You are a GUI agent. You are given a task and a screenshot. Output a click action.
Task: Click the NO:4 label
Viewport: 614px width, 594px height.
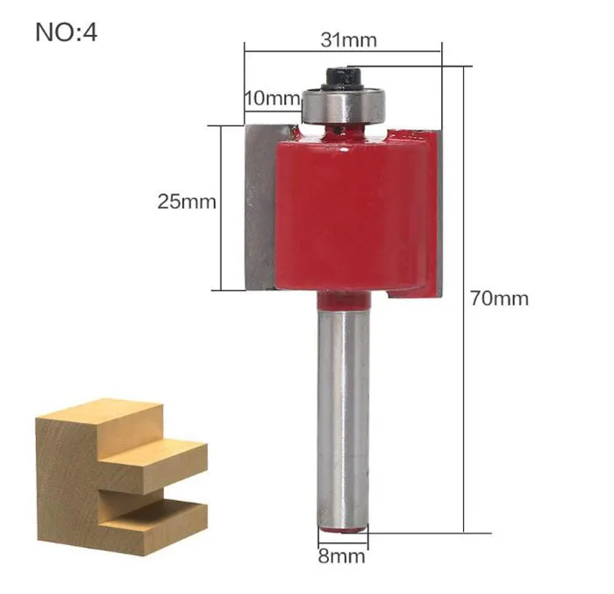point(66,32)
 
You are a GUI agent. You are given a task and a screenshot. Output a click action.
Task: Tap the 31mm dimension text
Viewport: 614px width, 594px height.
point(348,39)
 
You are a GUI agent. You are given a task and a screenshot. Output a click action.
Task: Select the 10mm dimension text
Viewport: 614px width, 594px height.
point(273,97)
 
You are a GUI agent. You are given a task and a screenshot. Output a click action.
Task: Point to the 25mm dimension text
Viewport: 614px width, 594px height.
point(187,202)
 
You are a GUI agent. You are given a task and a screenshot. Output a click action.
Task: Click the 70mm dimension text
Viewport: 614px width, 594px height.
point(499,298)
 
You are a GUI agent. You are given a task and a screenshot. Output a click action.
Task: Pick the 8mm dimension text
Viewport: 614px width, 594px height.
point(341,556)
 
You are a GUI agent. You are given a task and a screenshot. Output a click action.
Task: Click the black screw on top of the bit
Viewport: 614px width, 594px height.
point(343,78)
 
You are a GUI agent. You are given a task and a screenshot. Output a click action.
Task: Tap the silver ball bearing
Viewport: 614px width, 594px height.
point(344,106)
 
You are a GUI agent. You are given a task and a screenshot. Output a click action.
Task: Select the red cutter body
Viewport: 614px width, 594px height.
point(354,213)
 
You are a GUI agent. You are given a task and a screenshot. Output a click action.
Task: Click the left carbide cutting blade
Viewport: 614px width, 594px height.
point(261,207)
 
